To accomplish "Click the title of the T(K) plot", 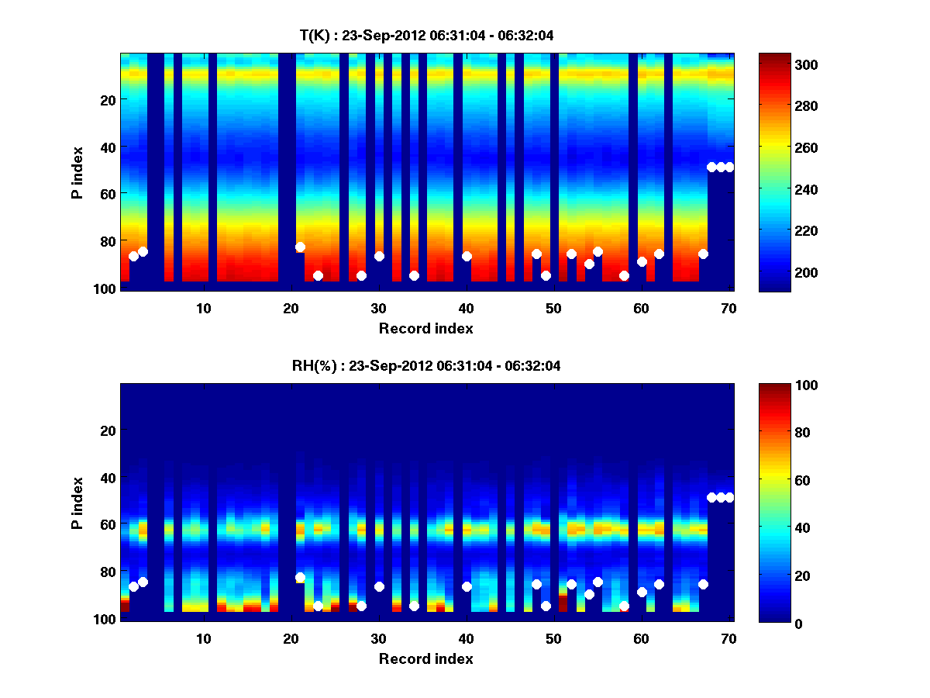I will (x=426, y=35).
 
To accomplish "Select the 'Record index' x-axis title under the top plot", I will (x=425, y=328).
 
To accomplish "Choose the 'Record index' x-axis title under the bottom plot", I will (x=425, y=658).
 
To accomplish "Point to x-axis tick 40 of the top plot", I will (x=467, y=307).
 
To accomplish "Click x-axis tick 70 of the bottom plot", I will (x=728, y=638).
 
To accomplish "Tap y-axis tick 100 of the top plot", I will (x=106, y=289).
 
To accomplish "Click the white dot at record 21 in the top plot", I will (x=300, y=247).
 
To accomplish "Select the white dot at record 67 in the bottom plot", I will (x=703, y=584).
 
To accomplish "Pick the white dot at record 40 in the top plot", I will (x=467, y=256).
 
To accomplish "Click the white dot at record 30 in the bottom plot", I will (x=379, y=586).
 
